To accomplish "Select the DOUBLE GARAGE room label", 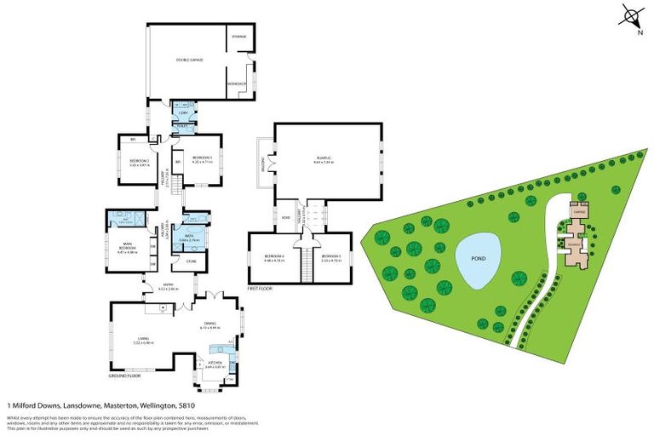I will (188, 60).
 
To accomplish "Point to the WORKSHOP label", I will (237, 83).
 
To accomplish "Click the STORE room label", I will (192, 261).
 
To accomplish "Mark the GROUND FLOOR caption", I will (124, 376).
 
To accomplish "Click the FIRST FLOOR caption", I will (260, 290).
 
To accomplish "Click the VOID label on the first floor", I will (285, 216).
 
